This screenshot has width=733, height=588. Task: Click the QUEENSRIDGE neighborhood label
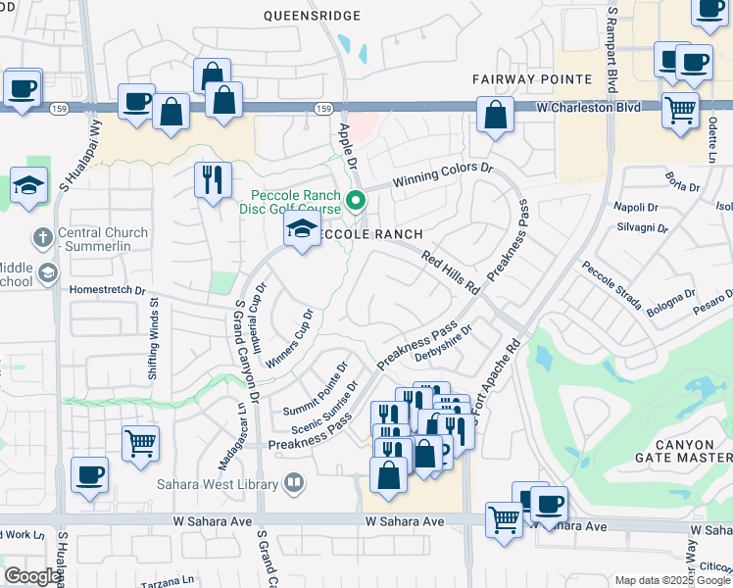[x=313, y=16]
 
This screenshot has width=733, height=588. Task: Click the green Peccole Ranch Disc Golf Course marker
[x=357, y=202]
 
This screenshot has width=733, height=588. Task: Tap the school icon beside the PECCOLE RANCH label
[x=302, y=231]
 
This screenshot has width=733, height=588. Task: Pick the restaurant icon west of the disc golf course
[x=213, y=179]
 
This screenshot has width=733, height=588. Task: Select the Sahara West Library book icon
[x=292, y=481]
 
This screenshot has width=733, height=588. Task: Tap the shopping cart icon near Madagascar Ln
[x=141, y=442]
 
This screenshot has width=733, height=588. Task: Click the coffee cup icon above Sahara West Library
[x=91, y=474]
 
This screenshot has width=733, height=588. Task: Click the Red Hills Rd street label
[x=450, y=273]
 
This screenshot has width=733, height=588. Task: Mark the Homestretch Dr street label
[x=107, y=290]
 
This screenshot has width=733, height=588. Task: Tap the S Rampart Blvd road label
[x=613, y=44]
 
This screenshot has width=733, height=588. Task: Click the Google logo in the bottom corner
[x=31, y=575]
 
